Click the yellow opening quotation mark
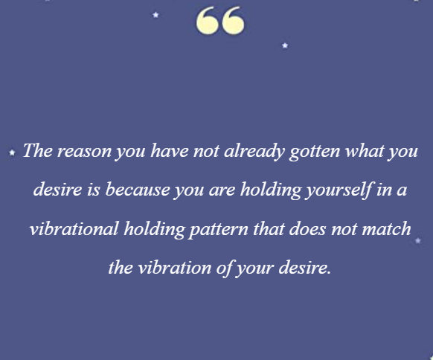(x=220, y=21)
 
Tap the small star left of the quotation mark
(x=155, y=15)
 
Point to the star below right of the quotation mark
(x=285, y=45)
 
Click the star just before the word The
(x=12, y=152)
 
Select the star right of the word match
(x=418, y=240)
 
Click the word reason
(x=84, y=152)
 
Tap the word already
(x=254, y=151)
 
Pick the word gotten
(x=315, y=152)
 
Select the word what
(x=365, y=151)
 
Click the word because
(x=138, y=190)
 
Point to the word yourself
(x=339, y=190)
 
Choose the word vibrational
(x=74, y=229)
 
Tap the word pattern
(x=219, y=230)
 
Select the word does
(x=307, y=229)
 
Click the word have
(x=170, y=151)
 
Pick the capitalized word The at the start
(x=37, y=151)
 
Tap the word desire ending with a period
(x=304, y=268)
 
